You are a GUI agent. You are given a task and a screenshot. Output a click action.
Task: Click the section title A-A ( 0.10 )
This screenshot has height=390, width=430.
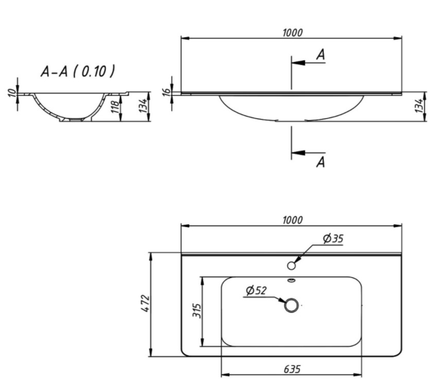coord(77,71)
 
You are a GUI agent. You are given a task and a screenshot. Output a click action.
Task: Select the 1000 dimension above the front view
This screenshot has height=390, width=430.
coord(292,32)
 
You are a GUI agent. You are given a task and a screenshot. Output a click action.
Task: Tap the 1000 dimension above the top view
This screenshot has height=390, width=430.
coord(292,220)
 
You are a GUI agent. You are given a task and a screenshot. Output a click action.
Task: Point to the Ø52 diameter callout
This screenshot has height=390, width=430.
coord(256,291)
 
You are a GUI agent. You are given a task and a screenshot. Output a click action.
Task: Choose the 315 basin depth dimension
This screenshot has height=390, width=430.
coord(197,312)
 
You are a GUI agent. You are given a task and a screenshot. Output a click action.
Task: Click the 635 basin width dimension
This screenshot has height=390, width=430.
coord(291,369)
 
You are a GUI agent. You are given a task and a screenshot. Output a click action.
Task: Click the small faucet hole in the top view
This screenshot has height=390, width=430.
coord(291,265)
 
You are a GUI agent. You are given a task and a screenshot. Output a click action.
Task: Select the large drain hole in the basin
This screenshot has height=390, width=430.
coord(291,306)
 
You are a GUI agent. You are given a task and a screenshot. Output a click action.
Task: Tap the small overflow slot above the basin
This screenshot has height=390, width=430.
coord(291,280)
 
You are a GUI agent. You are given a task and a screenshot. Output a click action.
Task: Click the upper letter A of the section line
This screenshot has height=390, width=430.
coord(320,55)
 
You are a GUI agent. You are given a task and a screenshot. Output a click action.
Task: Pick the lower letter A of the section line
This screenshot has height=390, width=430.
coord(320,163)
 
